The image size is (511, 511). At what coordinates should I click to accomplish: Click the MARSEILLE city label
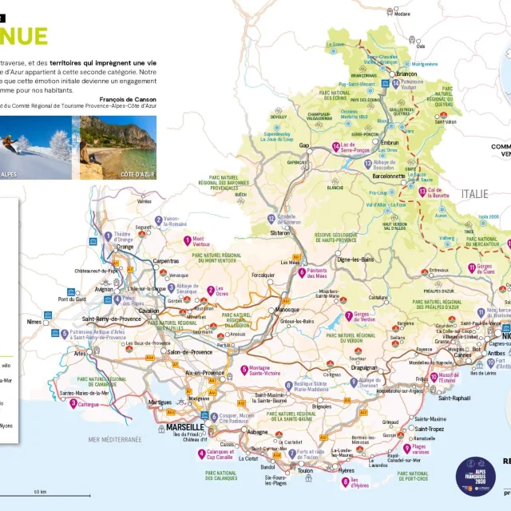185,428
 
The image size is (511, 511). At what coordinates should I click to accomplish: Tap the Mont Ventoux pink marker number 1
187,240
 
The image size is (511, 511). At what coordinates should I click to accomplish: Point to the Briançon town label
407,75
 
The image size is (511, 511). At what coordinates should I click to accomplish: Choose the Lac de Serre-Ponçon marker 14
336,146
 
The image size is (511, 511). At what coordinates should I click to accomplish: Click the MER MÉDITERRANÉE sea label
115,439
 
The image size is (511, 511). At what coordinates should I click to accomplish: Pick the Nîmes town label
34,322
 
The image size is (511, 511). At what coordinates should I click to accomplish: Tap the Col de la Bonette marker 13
422,191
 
